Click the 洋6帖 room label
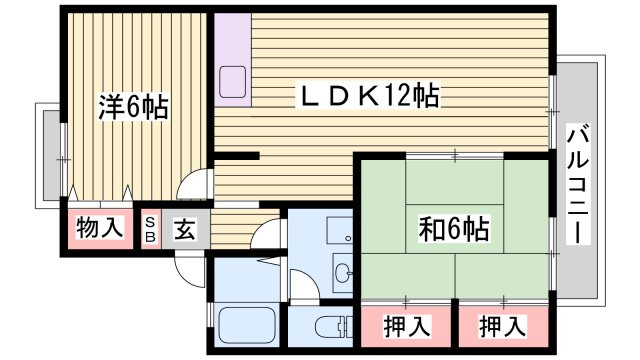tap(132, 105)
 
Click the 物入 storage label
tap(100, 228)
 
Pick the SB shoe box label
tap(150, 229)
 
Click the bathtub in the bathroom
tap(247, 326)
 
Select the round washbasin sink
tap(343, 272)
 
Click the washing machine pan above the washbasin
tap(340, 231)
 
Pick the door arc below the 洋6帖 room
tap(192, 186)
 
